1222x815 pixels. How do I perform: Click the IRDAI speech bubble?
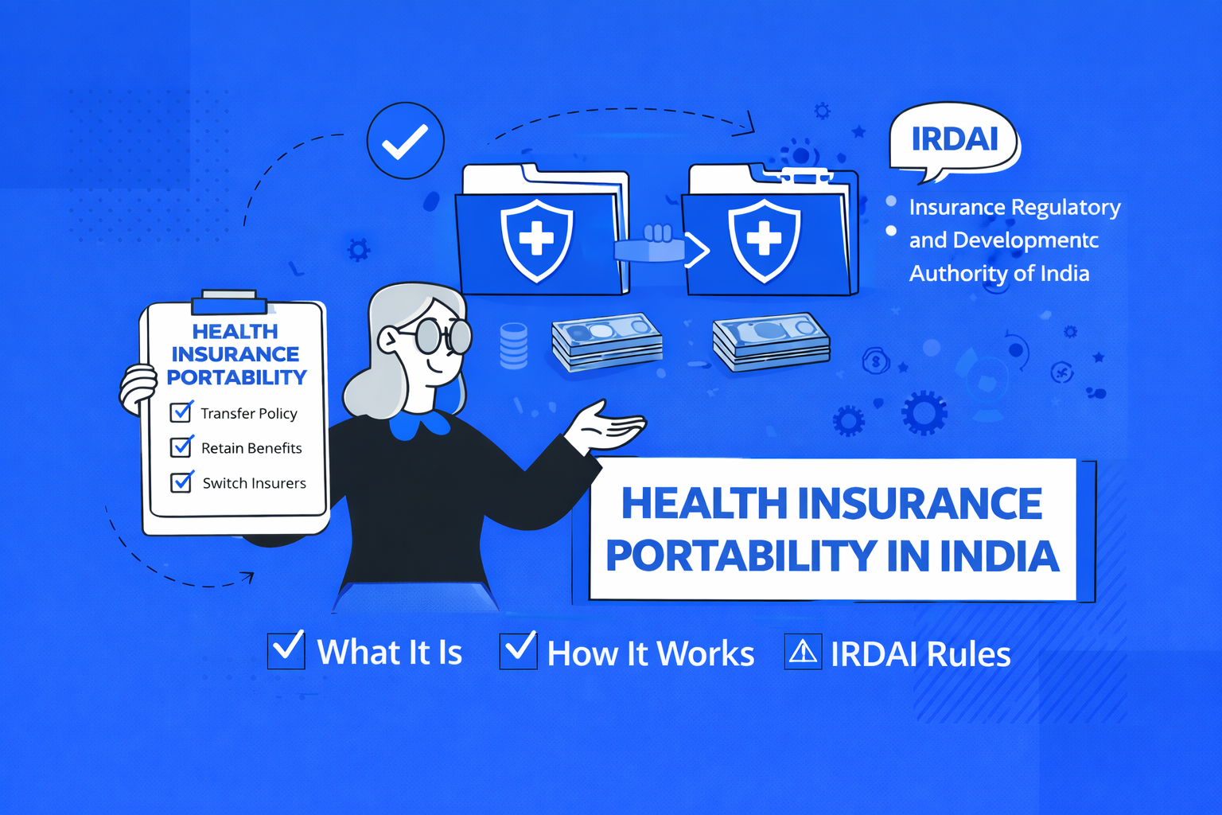(954, 139)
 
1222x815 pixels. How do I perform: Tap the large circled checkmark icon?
(405, 141)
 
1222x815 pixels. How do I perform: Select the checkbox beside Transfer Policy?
(181, 412)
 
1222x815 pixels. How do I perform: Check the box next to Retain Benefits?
(181, 446)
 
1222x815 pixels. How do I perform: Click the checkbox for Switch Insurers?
(181, 482)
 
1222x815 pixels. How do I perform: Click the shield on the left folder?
(536, 239)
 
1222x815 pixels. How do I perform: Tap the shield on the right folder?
(764, 239)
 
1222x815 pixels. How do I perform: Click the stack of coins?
(513, 345)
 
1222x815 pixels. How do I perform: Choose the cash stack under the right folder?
(771, 341)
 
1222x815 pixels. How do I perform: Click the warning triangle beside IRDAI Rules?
(803, 652)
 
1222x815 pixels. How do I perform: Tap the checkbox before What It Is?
(286, 649)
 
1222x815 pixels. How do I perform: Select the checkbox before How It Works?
(518, 649)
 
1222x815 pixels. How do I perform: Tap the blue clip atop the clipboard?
(229, 304)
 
